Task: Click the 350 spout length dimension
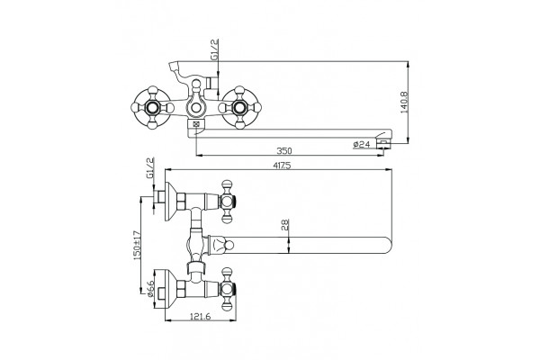pos(284,151)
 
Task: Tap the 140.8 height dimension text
pos(405,102)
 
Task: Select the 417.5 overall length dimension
pos(282,166)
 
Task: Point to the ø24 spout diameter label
pos(362,144)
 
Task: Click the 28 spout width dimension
pos(286,225)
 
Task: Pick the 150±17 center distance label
pos(137,246)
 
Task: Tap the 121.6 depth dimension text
pos(200,317)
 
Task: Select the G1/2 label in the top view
pos(214,49)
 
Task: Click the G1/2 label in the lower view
pos(149,168)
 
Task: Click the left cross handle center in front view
pos(152,108)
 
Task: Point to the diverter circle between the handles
pos(196,108)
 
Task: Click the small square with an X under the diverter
pos(196,124)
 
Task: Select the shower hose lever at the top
pos(180,71)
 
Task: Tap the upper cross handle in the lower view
pos(227,202)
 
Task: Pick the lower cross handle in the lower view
pos(227,289)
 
